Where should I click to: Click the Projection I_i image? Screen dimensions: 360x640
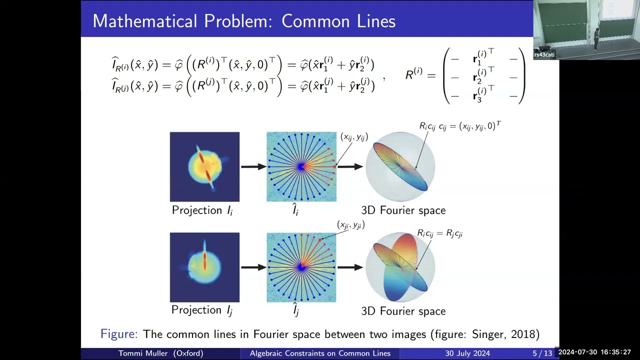point(204,166)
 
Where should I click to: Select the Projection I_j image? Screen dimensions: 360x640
point(204,267)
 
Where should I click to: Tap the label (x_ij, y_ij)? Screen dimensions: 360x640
point(354,137)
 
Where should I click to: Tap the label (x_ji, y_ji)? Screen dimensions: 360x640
point(350,225)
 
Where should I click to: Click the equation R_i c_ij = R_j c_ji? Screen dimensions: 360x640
point(439,233)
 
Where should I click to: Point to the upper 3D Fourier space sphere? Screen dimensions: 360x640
point(400,166)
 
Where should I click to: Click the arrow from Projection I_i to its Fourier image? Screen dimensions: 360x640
point(253,166)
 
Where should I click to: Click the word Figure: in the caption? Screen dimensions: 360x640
point(118,334)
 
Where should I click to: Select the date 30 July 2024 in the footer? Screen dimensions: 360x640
point(467,353)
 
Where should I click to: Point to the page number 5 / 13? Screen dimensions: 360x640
point(542,353)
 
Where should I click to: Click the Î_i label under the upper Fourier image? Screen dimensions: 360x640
point(295,210)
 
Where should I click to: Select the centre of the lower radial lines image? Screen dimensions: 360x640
point(301,267)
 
